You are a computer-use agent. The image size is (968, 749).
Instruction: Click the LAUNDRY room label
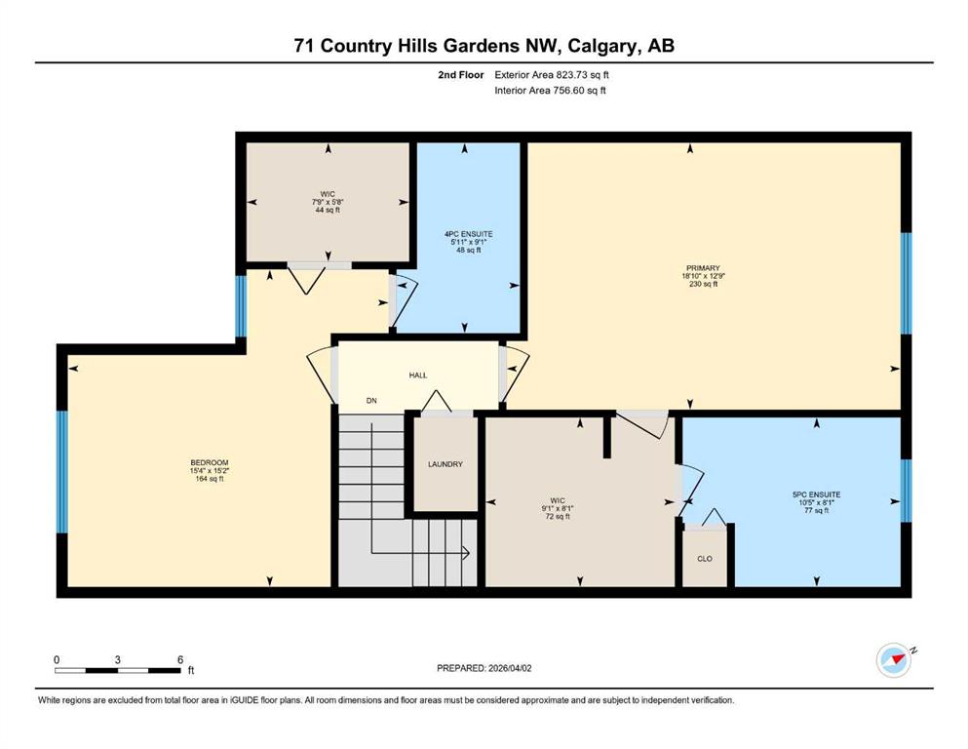coord(445,464)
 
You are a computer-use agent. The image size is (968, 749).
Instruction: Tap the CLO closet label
coord(705,559)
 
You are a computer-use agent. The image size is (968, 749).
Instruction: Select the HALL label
coord(418,375)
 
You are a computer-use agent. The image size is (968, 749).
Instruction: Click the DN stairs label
coord(371,401)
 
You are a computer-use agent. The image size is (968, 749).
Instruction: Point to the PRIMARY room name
coord(703,268)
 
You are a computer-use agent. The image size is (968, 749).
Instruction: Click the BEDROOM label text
coord(210,462)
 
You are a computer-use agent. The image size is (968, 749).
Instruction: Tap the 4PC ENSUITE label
coord(469,234)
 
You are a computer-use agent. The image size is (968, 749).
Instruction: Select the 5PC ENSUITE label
coord(816,494)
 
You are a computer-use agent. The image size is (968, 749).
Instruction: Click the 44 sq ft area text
coord(328,210)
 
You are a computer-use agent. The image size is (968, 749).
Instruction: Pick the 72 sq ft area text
coord(558,517)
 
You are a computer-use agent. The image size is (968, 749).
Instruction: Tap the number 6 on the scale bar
coord(180,659)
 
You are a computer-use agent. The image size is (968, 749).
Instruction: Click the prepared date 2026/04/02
coord(510,668)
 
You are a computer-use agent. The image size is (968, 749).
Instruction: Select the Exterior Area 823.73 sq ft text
coord(552,75)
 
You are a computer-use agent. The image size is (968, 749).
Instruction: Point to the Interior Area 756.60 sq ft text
coord(550,90)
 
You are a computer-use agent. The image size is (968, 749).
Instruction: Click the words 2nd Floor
coord(460,75)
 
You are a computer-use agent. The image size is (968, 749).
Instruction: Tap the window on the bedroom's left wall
coord(61,472)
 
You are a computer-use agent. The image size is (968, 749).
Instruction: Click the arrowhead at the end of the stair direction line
coord(466,553)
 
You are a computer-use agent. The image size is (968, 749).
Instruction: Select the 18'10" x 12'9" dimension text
coord(703,277)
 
